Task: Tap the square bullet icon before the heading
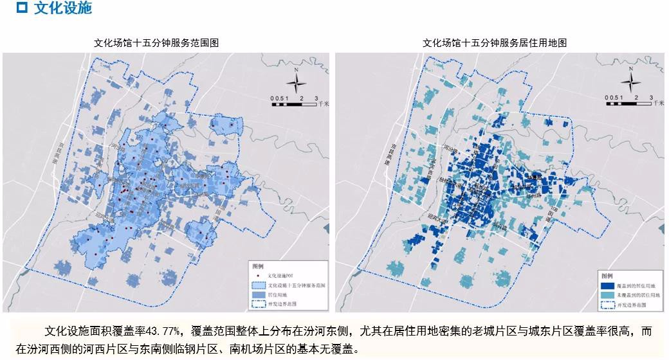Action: click(x=22, y=8)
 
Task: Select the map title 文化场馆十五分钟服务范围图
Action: click(x=157, y=43)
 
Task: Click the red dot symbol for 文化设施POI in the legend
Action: click(x=260, y=274)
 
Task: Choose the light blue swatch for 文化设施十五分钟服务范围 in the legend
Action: click(x=259, y=284)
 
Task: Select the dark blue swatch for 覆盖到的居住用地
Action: click(x=605, y=285)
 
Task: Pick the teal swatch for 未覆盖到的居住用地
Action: click(x=605, y=294)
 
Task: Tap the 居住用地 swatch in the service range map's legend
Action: click(x=259, y=294)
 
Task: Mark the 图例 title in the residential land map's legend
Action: click(x=605, y=274)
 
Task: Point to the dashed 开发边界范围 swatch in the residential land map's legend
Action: click(x=605, y=305)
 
